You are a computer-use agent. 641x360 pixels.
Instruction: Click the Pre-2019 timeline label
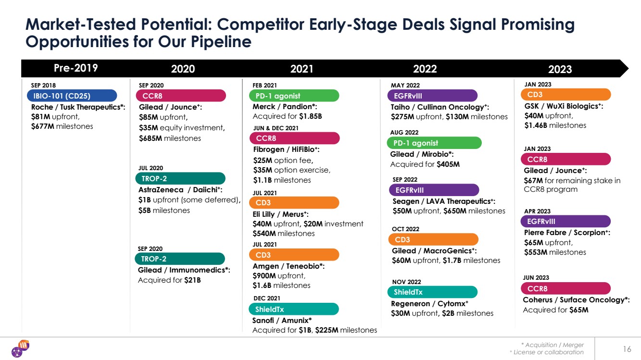pos(75,68)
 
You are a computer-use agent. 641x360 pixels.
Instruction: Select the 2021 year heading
pos(302,69)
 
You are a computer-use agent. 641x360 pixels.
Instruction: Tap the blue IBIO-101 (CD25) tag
pos(72,95)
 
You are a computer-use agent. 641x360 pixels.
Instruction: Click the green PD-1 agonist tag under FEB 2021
pos(294,96)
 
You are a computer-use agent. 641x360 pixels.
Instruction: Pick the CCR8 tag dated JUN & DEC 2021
pos(294,138)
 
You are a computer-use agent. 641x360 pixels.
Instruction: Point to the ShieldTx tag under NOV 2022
pos(432,292)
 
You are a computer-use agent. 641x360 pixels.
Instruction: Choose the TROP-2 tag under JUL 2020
pos(180,179)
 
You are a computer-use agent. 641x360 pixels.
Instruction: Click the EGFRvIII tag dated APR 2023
pos(566,221)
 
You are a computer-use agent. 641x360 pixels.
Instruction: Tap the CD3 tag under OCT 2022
pos(433,239)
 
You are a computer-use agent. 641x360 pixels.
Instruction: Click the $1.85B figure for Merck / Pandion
pos(310,116)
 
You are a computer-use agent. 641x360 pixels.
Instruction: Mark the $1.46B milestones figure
pos(536,125)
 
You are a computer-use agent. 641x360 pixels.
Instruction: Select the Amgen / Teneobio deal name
pos(289,266)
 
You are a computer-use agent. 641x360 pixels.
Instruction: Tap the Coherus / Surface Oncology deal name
pos(576,300)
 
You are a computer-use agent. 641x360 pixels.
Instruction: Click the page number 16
pos(627,349)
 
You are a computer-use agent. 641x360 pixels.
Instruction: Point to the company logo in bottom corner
pos(20,348)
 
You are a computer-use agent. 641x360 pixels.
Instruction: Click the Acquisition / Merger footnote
pos(554,345)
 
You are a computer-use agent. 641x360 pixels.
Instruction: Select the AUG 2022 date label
pos(404,132)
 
